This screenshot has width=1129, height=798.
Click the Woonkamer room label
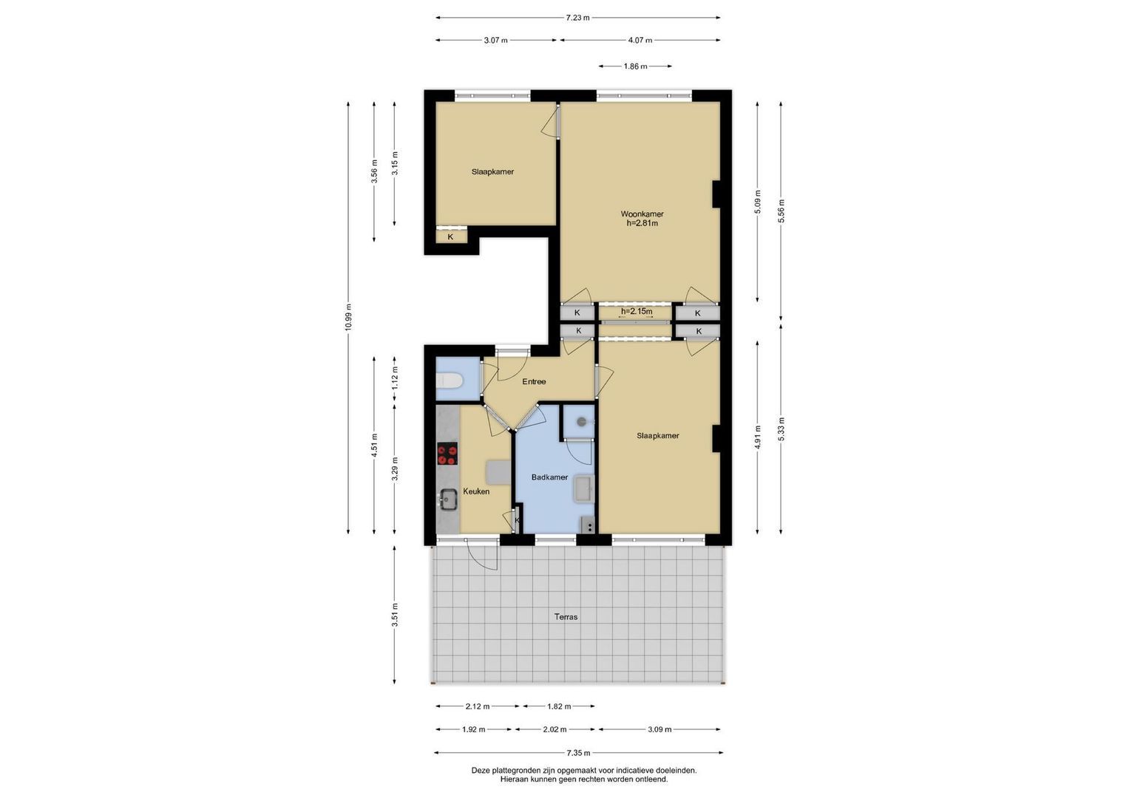point(642,214)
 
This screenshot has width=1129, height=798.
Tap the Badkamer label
point(549,477)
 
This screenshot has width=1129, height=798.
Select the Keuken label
point(476,491)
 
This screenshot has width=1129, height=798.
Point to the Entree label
point(534,381)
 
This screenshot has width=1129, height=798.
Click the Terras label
point(566,617)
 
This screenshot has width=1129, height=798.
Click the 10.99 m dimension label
point(348,318)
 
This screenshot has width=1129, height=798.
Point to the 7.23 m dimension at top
point(577,18)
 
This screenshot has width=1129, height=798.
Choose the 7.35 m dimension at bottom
point(579,753)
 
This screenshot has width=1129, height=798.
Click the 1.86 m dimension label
point(635,66)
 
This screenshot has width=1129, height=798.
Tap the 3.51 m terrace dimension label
point(395,615)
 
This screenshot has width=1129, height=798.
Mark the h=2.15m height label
point(637,311)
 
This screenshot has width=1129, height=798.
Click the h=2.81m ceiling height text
point(642,223)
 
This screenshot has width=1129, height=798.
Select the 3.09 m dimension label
point(660,729)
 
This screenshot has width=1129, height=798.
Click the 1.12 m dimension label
point(395,378)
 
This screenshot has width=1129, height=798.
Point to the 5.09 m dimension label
point(758,202)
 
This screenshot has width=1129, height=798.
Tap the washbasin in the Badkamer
point(585,488)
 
